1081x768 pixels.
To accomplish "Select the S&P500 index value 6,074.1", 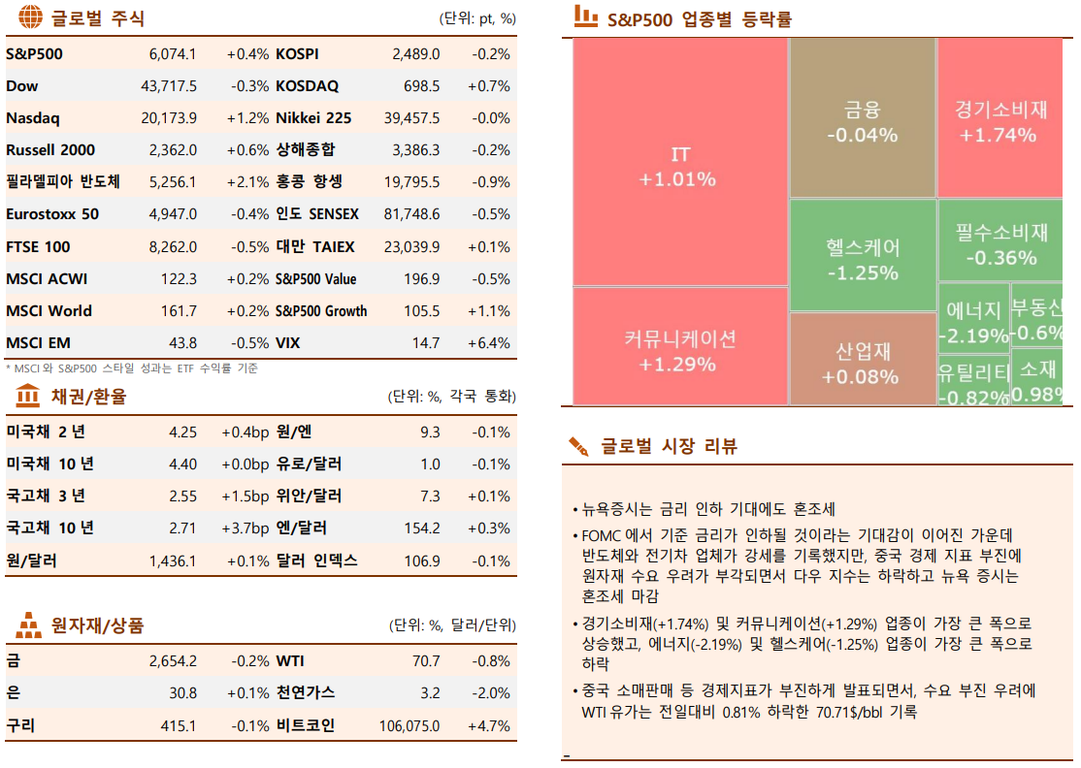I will [x=173, y=54].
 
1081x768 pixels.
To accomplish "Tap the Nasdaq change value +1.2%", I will [x=247, y=118].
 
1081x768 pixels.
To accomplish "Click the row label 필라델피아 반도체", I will [x=63, y=182].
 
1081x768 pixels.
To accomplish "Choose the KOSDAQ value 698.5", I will [x=421, y=86].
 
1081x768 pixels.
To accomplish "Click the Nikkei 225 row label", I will [x=313, y=118].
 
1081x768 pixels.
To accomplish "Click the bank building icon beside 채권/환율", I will [x=28, y=396].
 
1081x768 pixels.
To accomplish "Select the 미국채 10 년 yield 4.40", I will [x=182, y=464].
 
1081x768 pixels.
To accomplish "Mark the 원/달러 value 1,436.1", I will [x=173, y=561].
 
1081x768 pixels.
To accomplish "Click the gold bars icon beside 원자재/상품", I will [x=28, y=625].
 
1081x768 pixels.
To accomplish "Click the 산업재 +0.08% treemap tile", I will [x=863, y=362].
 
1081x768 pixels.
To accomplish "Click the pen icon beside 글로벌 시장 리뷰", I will [x=579, y=446].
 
